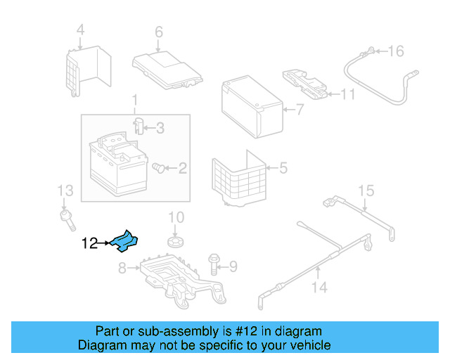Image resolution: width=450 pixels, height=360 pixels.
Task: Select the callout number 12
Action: [x=89, y=244]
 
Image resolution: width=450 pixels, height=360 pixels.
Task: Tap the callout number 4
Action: [x=80, y=30]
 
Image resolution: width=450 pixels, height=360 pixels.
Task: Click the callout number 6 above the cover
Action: [x=159, y=32]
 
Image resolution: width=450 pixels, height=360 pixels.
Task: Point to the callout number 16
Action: [x=397, y=51]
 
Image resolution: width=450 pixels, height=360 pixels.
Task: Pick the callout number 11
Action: [x=348, y=94]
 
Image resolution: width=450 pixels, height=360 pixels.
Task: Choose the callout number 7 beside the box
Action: [x=300, y=110]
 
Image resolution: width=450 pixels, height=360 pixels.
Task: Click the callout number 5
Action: [x=283, y=168]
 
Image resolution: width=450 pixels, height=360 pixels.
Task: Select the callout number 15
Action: [x=366, y=190]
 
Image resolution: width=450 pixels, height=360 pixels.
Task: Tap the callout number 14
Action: [x=319, y=288]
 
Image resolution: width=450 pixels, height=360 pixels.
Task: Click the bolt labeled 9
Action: [x=214, y=264]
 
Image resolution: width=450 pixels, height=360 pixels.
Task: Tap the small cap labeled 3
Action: [x=139, y=127]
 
